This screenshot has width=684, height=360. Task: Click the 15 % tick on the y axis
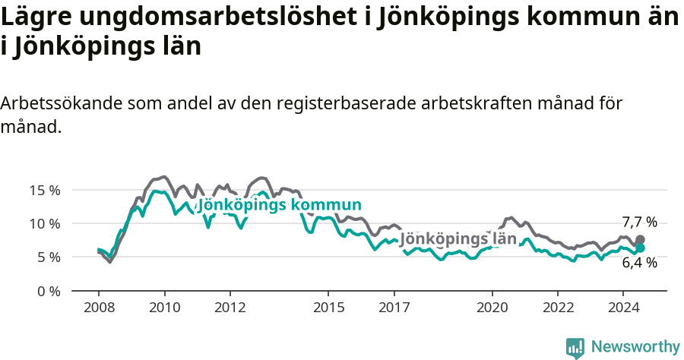click(x=45, y=190)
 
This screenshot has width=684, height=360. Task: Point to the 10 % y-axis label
click(x=45, y=223)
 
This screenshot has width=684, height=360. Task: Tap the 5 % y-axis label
click(x=49, y=257)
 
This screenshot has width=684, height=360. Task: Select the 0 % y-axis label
click(x=49, y=291)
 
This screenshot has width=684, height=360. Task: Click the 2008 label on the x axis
click(x=99, y=308)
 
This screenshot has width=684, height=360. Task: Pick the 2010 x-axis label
click(x=164, y=308)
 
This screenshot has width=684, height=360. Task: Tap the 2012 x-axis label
click(x=230, y=308)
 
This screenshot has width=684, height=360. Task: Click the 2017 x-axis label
click(x=394, y=308)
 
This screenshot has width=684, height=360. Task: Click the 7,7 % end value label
click(x=639, y=223)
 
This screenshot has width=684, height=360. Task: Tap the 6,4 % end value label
click(x=639, y=263)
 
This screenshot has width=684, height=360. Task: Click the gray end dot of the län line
click(x=640, y=239)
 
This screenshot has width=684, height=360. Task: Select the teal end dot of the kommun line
click(x=640, y=248)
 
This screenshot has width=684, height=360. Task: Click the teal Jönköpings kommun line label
click(x=279, y=205)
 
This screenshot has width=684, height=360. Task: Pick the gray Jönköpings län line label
click(x=458, y=238)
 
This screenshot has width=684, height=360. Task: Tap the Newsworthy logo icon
click(x=575, y=348)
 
